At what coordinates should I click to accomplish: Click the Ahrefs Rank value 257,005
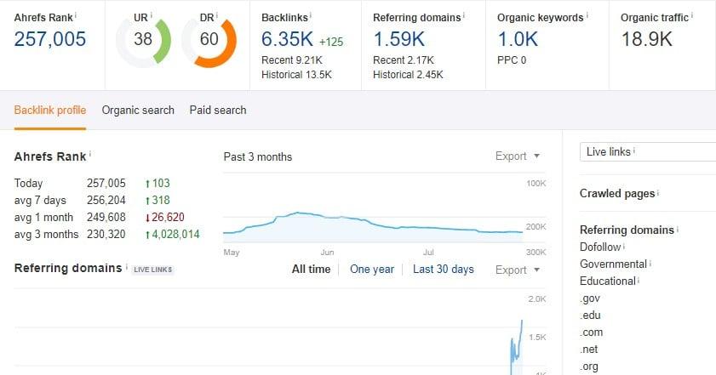[x=50, y=39]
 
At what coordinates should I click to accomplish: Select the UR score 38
[x=143, y=39]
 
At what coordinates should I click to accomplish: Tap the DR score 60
[x=209, y=39]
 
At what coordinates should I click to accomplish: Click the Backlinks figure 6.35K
[x=288, y=39]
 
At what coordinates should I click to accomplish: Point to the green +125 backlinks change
[x=331, y=42]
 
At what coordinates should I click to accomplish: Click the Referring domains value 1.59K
[x=399, y=39]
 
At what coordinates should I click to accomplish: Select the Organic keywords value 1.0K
[x=518, y=39]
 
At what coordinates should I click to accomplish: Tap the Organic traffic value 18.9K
[x=646, y=39]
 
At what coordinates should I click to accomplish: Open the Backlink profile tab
[x=50, y=110]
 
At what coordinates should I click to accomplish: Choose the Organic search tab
[x=138, y=110]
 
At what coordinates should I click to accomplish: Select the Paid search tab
[x=218, y=110]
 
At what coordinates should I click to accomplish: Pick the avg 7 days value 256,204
[x=106, y=200]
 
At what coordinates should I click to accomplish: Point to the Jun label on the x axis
[x=327, y=253]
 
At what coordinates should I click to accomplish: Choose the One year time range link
[x=372, y=270]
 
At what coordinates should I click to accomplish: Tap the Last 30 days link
[x=443, y=270]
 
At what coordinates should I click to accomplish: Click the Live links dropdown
[x=647, y=151]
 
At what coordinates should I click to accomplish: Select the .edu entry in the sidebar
[x=590, y=315]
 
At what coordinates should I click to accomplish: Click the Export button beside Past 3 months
[x=518, y=156]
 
